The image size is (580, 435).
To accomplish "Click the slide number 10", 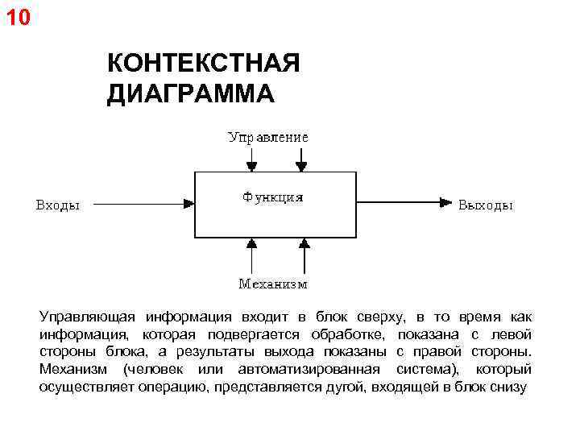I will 17,15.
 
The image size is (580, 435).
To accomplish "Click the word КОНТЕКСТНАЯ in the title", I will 203,64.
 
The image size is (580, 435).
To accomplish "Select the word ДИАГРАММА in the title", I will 190,93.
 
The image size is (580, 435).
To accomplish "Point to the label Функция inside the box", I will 272,197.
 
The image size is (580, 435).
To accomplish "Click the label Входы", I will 58,205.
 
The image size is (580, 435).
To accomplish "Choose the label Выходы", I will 485,205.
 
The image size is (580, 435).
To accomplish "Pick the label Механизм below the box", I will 272,284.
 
